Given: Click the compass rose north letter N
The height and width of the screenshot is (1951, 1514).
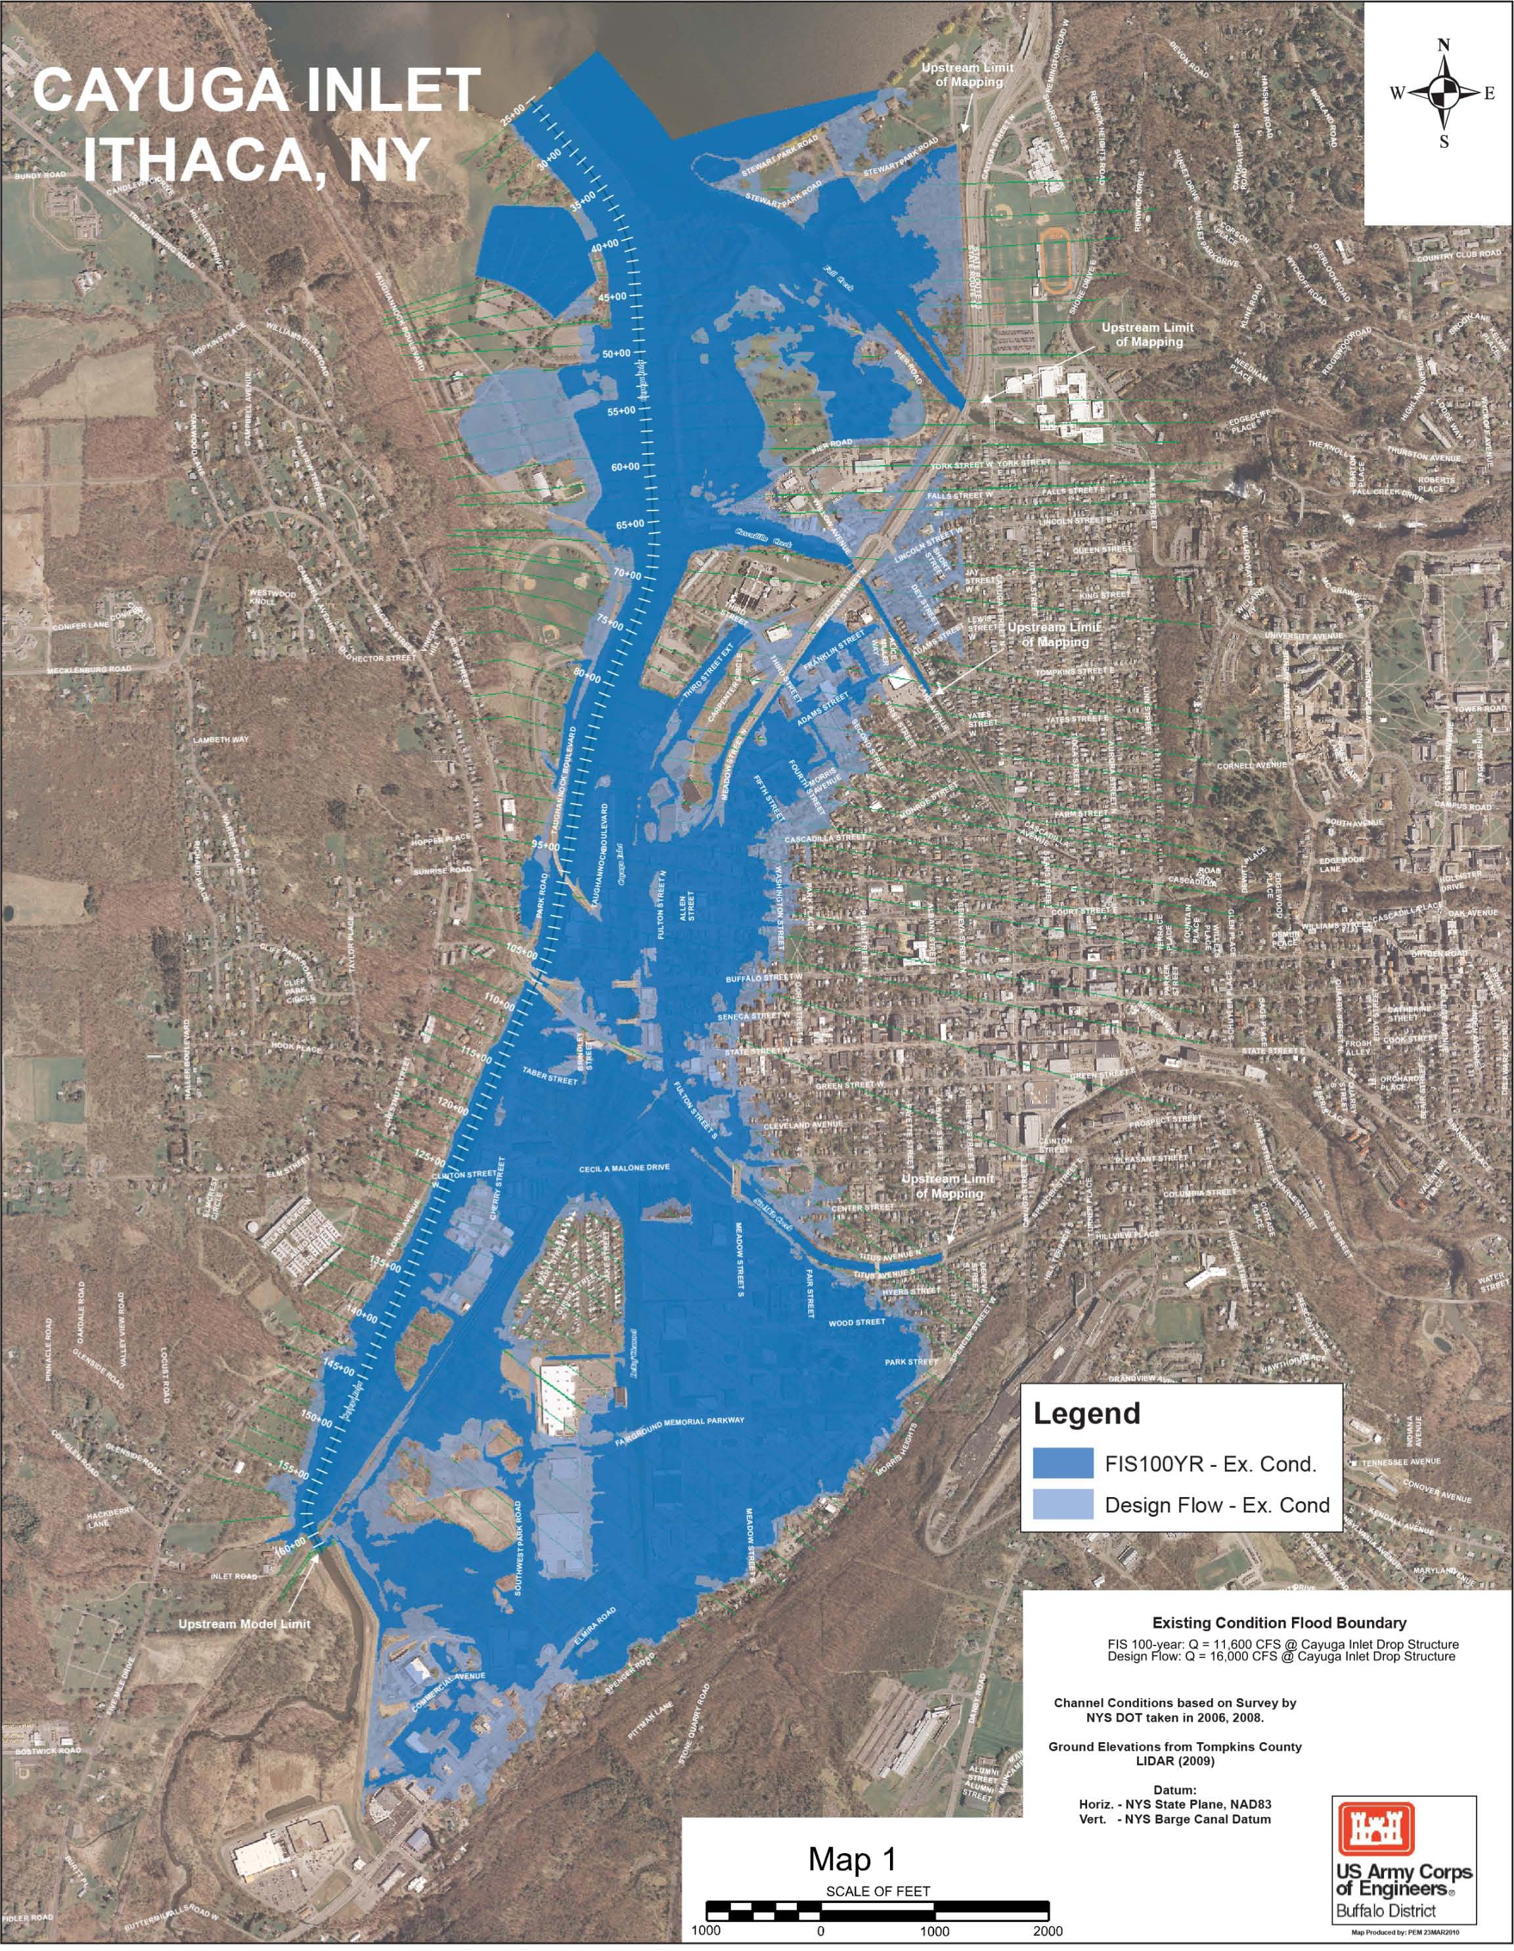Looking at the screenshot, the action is [x=1444, y=45].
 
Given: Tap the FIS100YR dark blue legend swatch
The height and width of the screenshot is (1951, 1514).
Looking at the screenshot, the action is [x=1062, y=1464].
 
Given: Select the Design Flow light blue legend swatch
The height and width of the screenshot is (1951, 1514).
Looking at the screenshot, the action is [x=1062, y=1504].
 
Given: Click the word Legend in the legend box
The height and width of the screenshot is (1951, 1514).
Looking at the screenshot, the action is [x=1086, y=1414].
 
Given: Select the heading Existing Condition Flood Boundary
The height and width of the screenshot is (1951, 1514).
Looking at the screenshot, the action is [x=1279, y=1623].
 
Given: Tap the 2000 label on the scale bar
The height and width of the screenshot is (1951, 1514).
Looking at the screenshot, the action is [x=1048, y=1931].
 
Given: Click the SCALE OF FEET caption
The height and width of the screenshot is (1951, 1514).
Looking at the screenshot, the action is [x=877, y=1891].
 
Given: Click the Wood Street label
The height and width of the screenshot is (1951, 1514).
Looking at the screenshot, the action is [x=857, y=1323].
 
